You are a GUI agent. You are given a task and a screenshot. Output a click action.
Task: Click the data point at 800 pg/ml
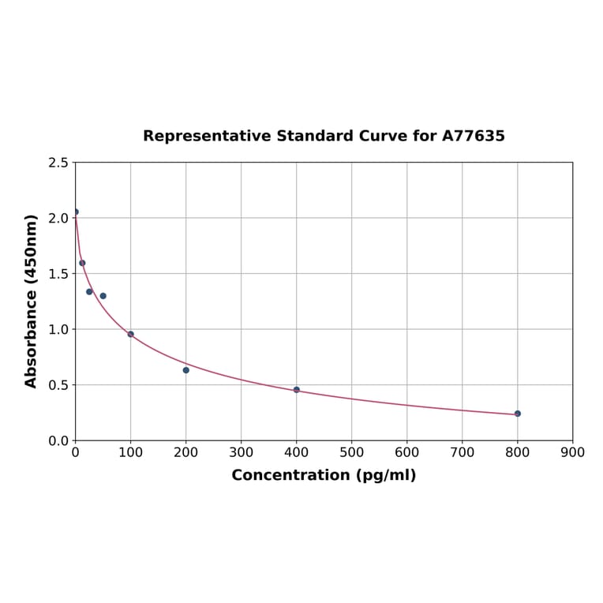[x=518, y=414]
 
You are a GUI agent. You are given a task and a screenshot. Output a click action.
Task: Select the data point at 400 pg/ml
[x=297, y=390]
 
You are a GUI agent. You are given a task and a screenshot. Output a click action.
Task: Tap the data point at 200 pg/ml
[x=186, y=370]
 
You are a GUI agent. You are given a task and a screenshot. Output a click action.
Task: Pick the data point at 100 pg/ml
[x=131, y=334]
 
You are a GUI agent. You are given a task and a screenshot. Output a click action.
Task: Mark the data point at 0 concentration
[x=76, y=212]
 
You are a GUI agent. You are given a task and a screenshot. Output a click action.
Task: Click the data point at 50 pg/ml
[x=103, y=296]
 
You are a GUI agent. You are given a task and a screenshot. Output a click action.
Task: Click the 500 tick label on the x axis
[x=352, y=452]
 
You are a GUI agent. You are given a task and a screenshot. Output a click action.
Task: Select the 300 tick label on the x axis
[x=242, y=452]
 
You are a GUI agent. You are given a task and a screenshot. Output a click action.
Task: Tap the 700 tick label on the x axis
[x=463, y=452]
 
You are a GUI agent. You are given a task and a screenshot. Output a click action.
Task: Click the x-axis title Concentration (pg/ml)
[x=324, y=475]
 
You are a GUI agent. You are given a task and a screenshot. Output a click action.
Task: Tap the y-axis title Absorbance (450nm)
[x=32, y=301]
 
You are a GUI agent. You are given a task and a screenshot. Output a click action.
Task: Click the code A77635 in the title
[x=473, y=136]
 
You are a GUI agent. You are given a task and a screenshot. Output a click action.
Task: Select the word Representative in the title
[x=206, y=136]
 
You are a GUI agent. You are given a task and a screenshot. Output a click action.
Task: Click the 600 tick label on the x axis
[x=407, y=452]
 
